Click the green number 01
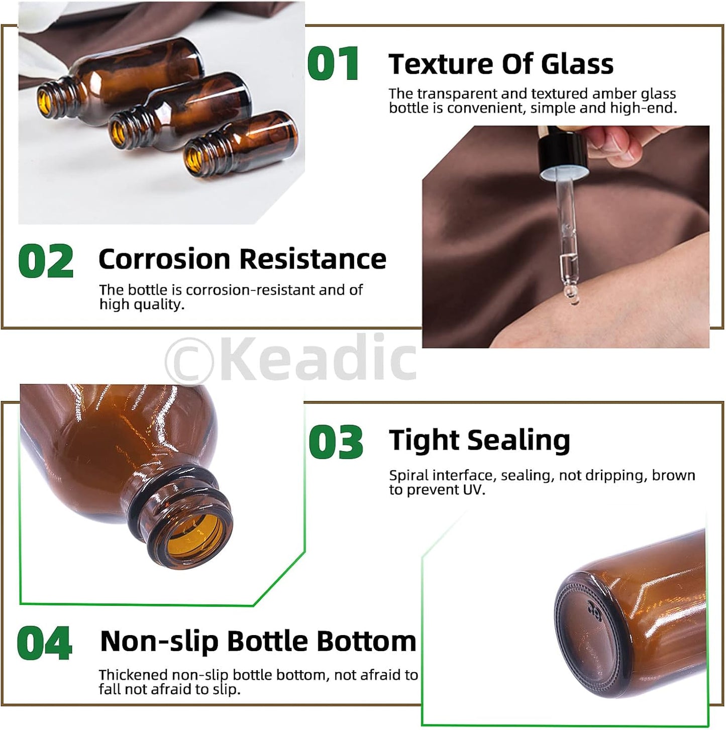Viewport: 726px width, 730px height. click(x=334, y=64)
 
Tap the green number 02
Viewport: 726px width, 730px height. click(x=46, y=261)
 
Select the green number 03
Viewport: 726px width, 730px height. click(x=336, y=442)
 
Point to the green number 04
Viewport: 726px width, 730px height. click(x=45, y=643)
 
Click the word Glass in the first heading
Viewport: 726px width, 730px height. click(x=577, y=64)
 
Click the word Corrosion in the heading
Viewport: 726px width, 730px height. click(x=164, y=259)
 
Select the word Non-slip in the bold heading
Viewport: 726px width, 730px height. click(x=159, y=642)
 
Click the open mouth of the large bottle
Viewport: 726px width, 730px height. click(x=194, y=538)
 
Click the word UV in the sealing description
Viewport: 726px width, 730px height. click(x=472, y=490)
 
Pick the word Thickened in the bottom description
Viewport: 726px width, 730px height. click(x=133, y=675)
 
